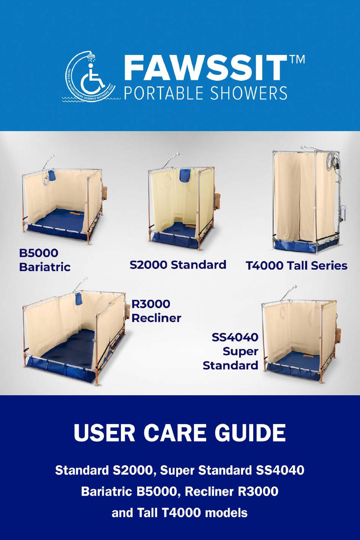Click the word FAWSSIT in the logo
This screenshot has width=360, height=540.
click(205, 69)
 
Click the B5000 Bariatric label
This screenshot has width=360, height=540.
click(45, 260)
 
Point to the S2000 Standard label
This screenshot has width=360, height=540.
click(178, 265)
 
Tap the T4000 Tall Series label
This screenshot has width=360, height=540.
click(297, 266)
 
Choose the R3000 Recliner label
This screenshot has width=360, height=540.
click(156, 311)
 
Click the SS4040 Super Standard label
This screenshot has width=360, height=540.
click(231, 351)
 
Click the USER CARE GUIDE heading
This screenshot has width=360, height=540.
click(180, 433)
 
